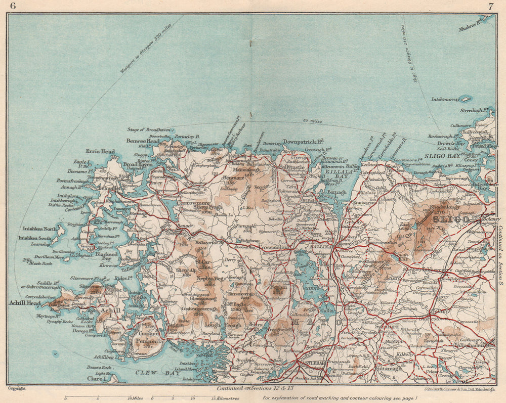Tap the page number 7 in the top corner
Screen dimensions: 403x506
coord(490,6)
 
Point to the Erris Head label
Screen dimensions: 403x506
coord(101,151)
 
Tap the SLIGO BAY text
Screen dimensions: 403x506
coord(441,156)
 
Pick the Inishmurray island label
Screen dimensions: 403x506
coord(445,100)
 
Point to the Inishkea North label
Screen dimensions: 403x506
coord(37,228)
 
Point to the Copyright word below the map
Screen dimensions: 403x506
coord(17,388)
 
